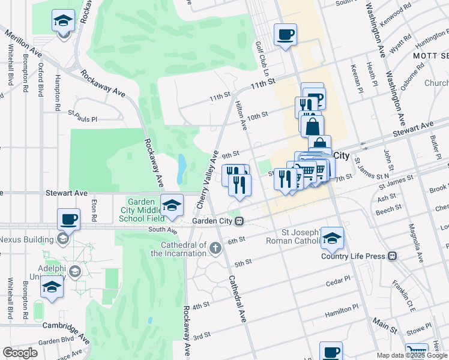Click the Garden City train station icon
coord(239,221)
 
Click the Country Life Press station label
coord(352,256)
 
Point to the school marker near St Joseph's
coord(332,238)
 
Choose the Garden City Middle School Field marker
coord(172,206)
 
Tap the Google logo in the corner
coord(20,353)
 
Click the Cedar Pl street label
coord(338,281)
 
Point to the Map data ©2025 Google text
coord(412,355)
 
